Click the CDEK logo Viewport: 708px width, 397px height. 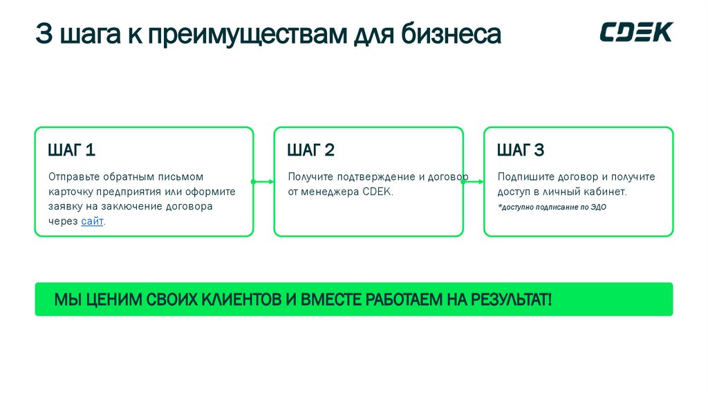(635, 33)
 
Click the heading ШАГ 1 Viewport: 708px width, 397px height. (72, 150)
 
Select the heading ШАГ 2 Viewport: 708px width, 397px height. (311, 150)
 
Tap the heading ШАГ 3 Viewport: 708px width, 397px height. (521, 150)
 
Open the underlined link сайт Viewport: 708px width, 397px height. (92, 221)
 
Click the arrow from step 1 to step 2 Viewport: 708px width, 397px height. (263, 182)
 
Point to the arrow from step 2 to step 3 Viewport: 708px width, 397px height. (474, 182)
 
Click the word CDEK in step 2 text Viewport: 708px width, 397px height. (377, 192)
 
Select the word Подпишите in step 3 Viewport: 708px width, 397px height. (520, 176)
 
